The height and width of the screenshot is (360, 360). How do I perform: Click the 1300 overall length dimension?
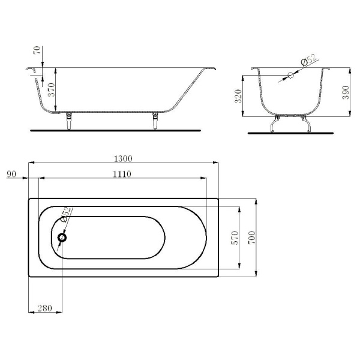[123, 158]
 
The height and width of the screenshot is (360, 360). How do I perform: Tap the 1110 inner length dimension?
[122, 174]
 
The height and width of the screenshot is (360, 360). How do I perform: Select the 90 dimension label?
[11, 174]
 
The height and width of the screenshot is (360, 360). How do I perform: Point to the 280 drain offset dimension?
[45, 308]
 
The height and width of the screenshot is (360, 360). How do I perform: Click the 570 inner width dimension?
[235, 238]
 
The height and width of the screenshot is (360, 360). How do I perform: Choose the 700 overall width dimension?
[251, 238]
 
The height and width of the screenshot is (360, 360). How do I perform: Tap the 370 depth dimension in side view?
[51, 90]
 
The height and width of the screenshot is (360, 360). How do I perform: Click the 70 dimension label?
[37, 50]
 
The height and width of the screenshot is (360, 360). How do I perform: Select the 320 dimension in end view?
[239, 96]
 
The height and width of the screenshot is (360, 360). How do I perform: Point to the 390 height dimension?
[346, 92]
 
